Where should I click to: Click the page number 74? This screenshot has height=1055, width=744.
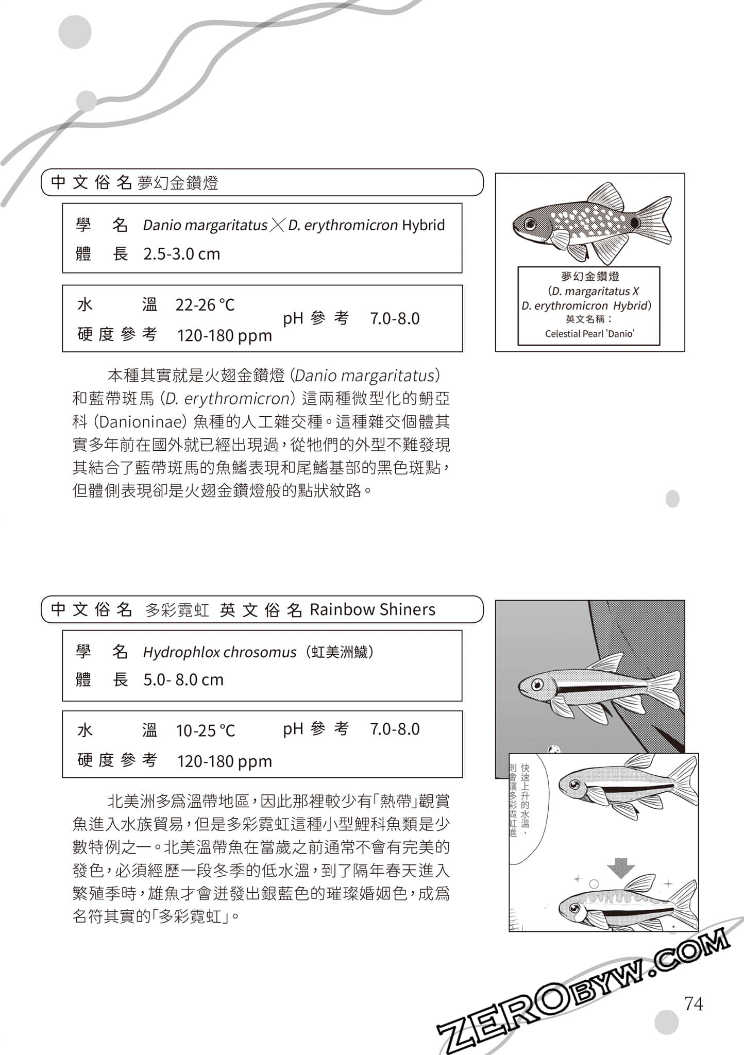click(694, 1003)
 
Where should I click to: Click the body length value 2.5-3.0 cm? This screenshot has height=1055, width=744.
click(181, 254)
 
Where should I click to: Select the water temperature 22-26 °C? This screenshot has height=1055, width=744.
click(205, 305)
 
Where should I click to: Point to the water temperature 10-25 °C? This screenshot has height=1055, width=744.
click(205, 730)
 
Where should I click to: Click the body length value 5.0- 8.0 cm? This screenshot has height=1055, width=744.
click(183, 680)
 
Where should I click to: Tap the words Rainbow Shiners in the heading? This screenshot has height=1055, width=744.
click(372, 609)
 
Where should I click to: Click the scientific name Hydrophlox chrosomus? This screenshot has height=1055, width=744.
click(219, 652)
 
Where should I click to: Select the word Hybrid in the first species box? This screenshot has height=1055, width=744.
click(423, 225)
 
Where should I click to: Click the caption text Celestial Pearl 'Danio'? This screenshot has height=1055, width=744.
click(589, 334)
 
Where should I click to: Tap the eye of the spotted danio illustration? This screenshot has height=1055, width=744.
click(530, 224)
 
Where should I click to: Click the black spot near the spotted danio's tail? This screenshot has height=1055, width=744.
click(635, 223)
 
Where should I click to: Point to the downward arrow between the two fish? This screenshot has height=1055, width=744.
click(621, 867)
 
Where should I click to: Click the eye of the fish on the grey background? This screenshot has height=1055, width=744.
click(537, 685)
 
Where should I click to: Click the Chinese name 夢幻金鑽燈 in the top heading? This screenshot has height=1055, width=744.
click(178, 183)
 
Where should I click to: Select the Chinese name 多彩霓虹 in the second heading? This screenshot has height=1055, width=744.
click(177, 610)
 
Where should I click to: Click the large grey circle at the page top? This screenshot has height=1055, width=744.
click(75, 32)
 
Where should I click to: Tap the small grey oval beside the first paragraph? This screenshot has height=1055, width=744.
click(672, 498)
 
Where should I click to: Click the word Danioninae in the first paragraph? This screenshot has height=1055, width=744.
click(141, 422)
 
